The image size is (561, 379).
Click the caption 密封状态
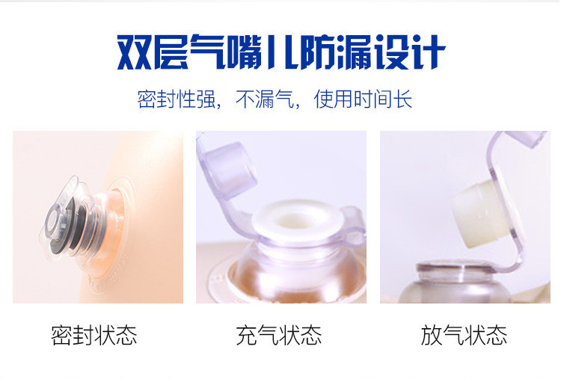94,335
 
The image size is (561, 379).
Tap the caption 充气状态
279,335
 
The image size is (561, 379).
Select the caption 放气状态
464,335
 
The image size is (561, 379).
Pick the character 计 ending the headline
427,52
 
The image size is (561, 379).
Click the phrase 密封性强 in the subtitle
177,99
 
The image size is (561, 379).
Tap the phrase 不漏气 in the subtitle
265,99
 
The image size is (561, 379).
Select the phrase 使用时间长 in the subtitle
363,99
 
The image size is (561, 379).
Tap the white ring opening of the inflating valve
297,219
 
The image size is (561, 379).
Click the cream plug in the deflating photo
481,214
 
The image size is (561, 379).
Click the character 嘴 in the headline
244,52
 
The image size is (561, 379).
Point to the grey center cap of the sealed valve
55,219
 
